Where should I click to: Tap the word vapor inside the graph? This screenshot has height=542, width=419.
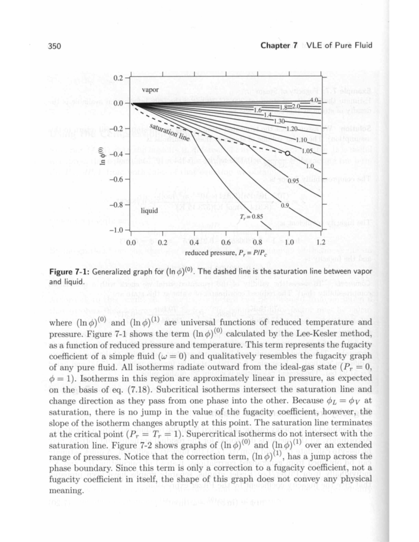pyautogui.click(x=150, y=90)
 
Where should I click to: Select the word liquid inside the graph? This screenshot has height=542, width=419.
pyautogui.click(x=149, y=210)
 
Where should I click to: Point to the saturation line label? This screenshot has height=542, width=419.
pyautogui.click(x=169, y=132)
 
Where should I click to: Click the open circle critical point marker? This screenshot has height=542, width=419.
pyautogui.click(x=287, y=153)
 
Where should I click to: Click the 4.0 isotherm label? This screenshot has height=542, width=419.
pyautogui.click(x=315, y=101)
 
